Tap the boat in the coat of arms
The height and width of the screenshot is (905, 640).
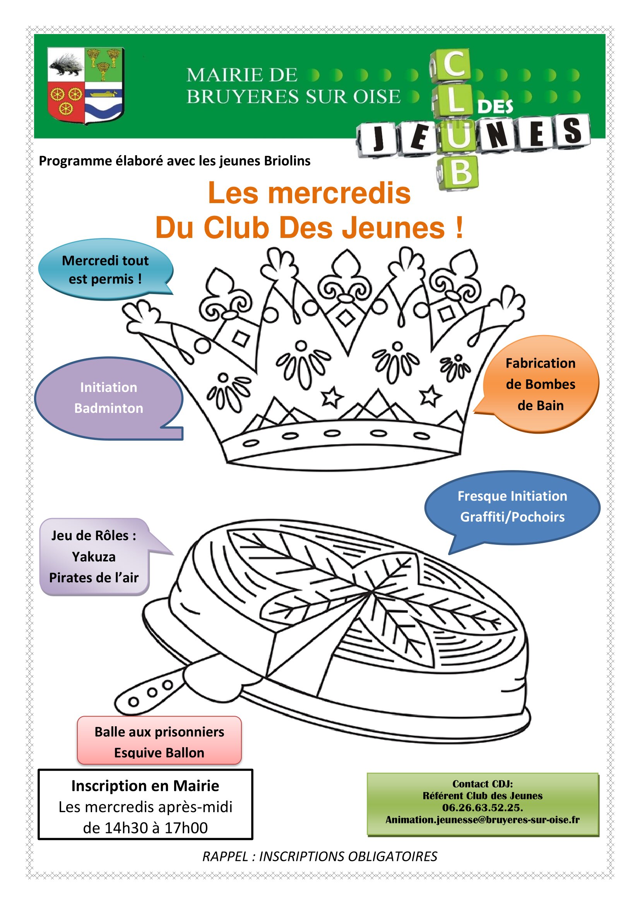click(x=104, y=94)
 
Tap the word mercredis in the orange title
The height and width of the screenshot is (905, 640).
click(x=339, y=193)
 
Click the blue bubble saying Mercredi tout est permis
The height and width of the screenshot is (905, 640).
click(x=106, y=270)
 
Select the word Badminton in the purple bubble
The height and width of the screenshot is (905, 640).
click(x=109, y=408)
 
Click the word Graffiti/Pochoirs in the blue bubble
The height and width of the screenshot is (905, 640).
click(x=512, y=517)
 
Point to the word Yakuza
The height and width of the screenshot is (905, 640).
click(x=94, y=557)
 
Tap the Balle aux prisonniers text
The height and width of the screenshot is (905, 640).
click(x=159, y=732)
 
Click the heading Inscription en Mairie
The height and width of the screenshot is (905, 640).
click(x=145, y=786)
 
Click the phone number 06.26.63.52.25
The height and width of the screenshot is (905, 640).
click(x=483, y=807)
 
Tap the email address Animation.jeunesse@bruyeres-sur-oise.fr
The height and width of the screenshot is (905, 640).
click(x=483, y=820)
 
